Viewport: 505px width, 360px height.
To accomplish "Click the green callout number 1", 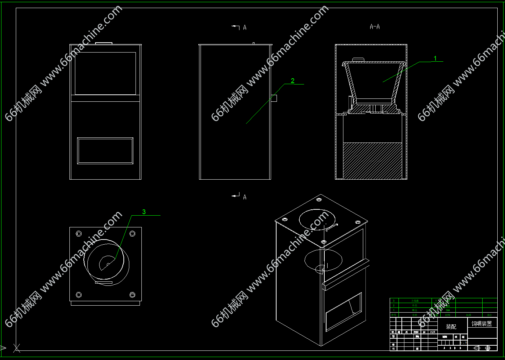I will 435,58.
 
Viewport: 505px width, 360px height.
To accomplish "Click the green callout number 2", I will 292,81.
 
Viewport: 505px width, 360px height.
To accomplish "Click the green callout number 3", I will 144,212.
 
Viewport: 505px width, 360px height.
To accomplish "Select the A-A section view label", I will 375,27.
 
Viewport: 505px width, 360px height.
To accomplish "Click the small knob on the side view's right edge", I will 274,98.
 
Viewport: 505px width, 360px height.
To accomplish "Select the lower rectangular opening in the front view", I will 105,151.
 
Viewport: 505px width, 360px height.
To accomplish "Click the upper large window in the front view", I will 105,73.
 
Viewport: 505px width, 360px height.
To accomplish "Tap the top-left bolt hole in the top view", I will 79,234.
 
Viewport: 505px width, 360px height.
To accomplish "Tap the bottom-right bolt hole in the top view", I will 133,295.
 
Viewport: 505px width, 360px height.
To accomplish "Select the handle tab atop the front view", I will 104,43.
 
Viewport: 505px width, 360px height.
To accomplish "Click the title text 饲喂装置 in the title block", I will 481,324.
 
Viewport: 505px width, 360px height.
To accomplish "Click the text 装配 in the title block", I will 451,327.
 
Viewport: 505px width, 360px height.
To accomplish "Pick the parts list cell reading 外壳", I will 415,306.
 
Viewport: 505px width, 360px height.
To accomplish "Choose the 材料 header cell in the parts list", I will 448,315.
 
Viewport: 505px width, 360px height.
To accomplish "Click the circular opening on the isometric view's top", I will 317,220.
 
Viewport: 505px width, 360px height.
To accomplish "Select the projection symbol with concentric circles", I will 488,348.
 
